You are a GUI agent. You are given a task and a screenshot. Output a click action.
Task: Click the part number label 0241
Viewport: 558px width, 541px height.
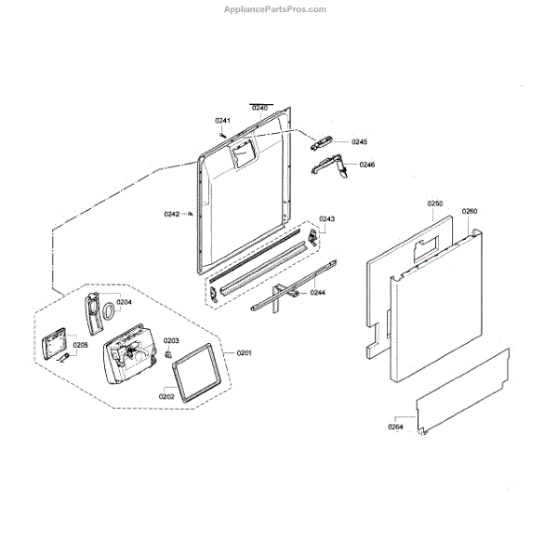222,122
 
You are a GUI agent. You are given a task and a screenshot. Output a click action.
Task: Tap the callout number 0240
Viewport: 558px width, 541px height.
259,109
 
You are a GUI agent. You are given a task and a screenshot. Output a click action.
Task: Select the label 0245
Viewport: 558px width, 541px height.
359,142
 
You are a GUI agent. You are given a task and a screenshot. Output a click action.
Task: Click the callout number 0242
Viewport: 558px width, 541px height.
171,214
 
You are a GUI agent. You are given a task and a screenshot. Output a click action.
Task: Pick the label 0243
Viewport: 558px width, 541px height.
327,219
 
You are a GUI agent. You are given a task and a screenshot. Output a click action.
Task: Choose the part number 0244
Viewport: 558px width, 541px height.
317,293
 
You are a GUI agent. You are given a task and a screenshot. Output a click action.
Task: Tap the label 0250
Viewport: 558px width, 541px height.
435,203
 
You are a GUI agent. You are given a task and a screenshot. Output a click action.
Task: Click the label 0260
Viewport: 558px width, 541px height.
469,211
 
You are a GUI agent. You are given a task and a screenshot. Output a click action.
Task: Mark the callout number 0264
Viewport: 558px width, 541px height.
396,427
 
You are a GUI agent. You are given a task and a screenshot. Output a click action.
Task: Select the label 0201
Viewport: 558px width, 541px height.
245,352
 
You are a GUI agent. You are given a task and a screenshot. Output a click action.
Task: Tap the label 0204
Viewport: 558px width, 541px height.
125,302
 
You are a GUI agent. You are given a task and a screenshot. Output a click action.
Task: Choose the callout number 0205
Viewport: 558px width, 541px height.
81,345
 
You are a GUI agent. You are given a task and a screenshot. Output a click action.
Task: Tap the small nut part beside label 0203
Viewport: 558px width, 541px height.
168,354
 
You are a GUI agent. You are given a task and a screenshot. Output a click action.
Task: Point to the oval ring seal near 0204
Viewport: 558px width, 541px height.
110,310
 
